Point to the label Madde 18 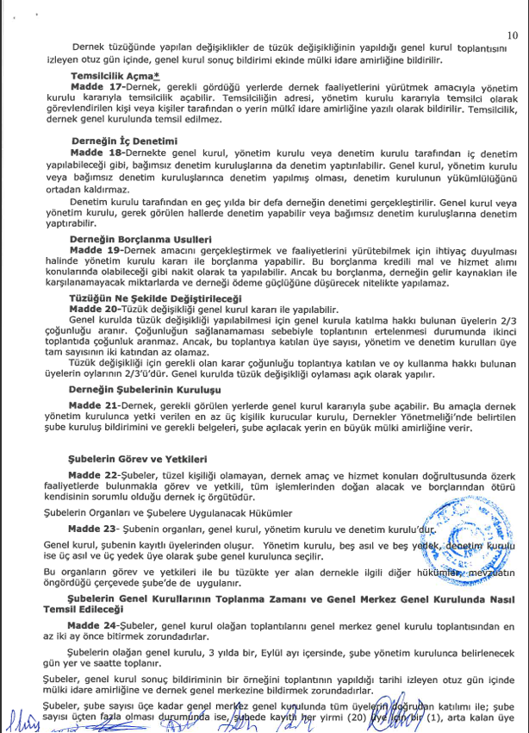click(x=98, y=152)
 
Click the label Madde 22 click(x=98, y=476)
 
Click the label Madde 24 click(x=98, y=620)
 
